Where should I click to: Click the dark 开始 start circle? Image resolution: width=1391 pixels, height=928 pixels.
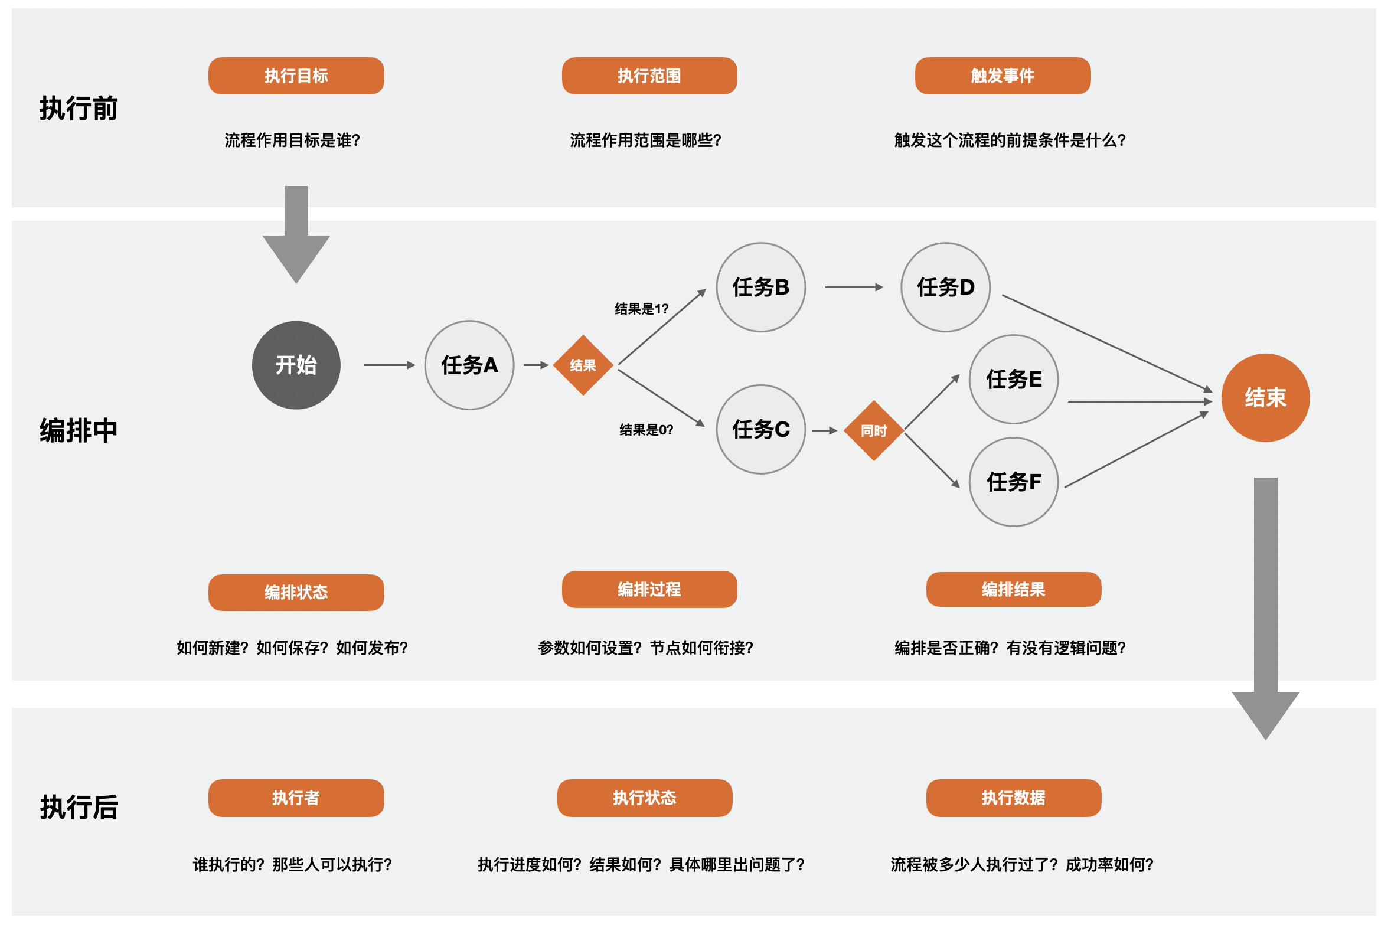(296, 365)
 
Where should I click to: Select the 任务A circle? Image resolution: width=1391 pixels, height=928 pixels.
(469, 365)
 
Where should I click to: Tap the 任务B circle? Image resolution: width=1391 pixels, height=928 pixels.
(760, 287)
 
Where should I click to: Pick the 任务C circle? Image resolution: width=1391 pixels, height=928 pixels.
(760, 430)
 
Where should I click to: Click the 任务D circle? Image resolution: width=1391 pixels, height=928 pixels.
(945, 287)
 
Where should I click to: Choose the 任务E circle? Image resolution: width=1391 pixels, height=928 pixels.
(1013, 380)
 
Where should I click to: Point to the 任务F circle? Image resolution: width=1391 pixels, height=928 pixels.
(1013, 482)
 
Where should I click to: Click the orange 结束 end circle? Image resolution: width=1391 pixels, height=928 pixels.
(1265, 398)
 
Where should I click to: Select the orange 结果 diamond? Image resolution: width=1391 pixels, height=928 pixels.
(583, 365)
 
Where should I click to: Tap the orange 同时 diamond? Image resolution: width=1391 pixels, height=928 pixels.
(874, 430)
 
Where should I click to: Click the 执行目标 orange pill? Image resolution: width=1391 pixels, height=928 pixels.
(296, 76)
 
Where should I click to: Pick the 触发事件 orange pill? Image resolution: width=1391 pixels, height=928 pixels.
(1003, 76)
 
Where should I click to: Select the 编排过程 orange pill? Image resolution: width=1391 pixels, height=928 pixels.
(649, 590)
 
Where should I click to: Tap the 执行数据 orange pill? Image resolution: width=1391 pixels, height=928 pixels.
(1013, 798)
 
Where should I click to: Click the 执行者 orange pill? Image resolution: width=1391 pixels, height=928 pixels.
(296, 798)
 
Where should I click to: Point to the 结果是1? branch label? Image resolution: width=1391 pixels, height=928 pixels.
(641, 309)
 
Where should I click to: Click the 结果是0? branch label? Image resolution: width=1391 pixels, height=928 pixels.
(646, 430)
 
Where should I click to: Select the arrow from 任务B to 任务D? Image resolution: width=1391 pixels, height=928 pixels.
(854, 287)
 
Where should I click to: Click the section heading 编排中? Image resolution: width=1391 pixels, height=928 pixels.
(79, 430)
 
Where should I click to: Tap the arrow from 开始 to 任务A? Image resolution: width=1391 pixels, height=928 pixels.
(389, 365)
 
